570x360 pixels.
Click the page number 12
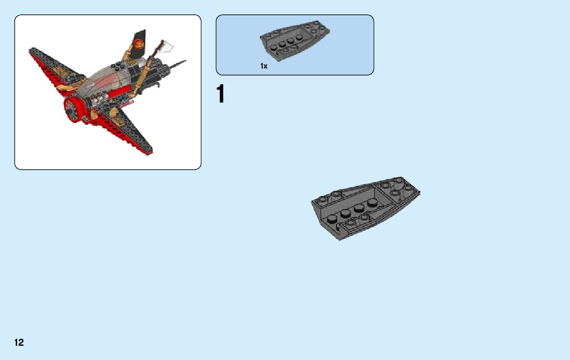19,343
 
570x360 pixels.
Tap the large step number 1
220,95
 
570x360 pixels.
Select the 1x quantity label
264,66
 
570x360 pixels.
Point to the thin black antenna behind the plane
178,64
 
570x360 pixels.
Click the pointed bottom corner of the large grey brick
339,238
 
